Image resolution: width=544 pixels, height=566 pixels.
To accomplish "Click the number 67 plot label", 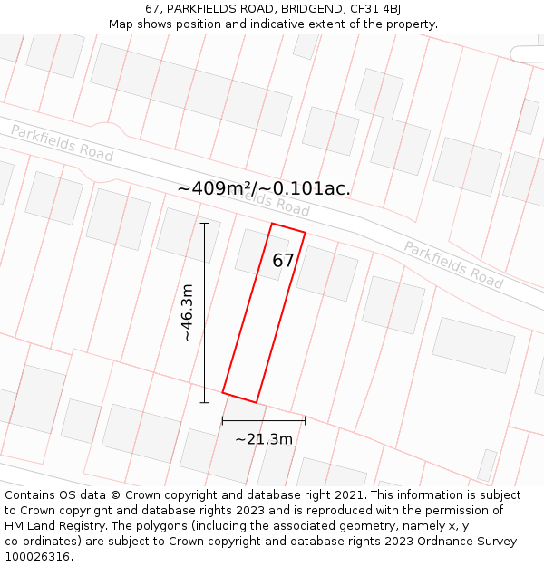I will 284,261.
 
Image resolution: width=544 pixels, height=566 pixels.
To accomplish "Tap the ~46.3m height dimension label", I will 187,312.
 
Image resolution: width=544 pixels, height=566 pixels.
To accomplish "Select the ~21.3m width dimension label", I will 264,439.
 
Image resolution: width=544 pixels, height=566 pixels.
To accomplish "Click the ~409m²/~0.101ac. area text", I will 264,188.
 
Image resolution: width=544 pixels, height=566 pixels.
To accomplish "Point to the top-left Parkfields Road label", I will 62,144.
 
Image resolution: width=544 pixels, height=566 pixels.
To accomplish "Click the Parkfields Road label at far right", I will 452,264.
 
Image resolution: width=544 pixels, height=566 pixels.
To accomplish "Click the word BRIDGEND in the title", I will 307,9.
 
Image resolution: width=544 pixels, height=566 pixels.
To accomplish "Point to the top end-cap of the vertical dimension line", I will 204,223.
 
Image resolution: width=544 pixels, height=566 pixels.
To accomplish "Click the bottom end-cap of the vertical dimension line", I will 204,402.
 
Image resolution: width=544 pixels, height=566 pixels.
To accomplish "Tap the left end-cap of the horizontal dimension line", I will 222,420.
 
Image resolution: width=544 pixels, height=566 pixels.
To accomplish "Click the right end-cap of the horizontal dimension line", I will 305,420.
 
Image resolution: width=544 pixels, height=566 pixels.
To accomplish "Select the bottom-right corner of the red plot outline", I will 257,402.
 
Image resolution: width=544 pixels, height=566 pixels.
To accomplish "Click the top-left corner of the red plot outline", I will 272,223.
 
